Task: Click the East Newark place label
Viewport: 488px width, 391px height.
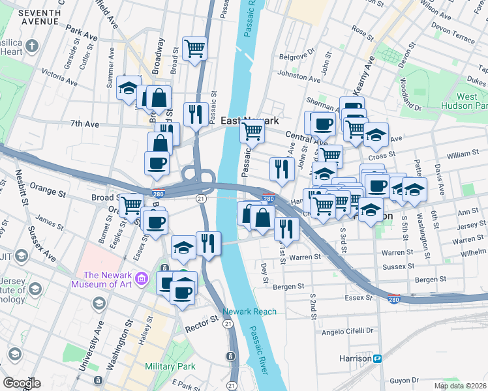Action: (249, 121)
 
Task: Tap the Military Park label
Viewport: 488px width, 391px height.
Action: (170, 367)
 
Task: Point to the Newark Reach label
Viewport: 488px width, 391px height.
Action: (249, 311)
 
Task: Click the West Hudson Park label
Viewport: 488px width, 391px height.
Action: (472, 101)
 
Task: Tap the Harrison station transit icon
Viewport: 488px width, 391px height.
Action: (377, 358)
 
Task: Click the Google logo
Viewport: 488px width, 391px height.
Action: (22, 383)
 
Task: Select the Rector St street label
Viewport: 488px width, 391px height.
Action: (200, 321)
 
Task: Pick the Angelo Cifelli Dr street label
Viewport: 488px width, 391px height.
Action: (348, 331)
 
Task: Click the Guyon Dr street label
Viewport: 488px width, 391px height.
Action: (403, 380)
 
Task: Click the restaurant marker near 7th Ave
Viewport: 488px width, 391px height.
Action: (196, 115)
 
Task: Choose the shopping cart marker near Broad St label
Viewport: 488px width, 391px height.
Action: (132, 205)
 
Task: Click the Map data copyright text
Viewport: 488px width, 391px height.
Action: (460, 384)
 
